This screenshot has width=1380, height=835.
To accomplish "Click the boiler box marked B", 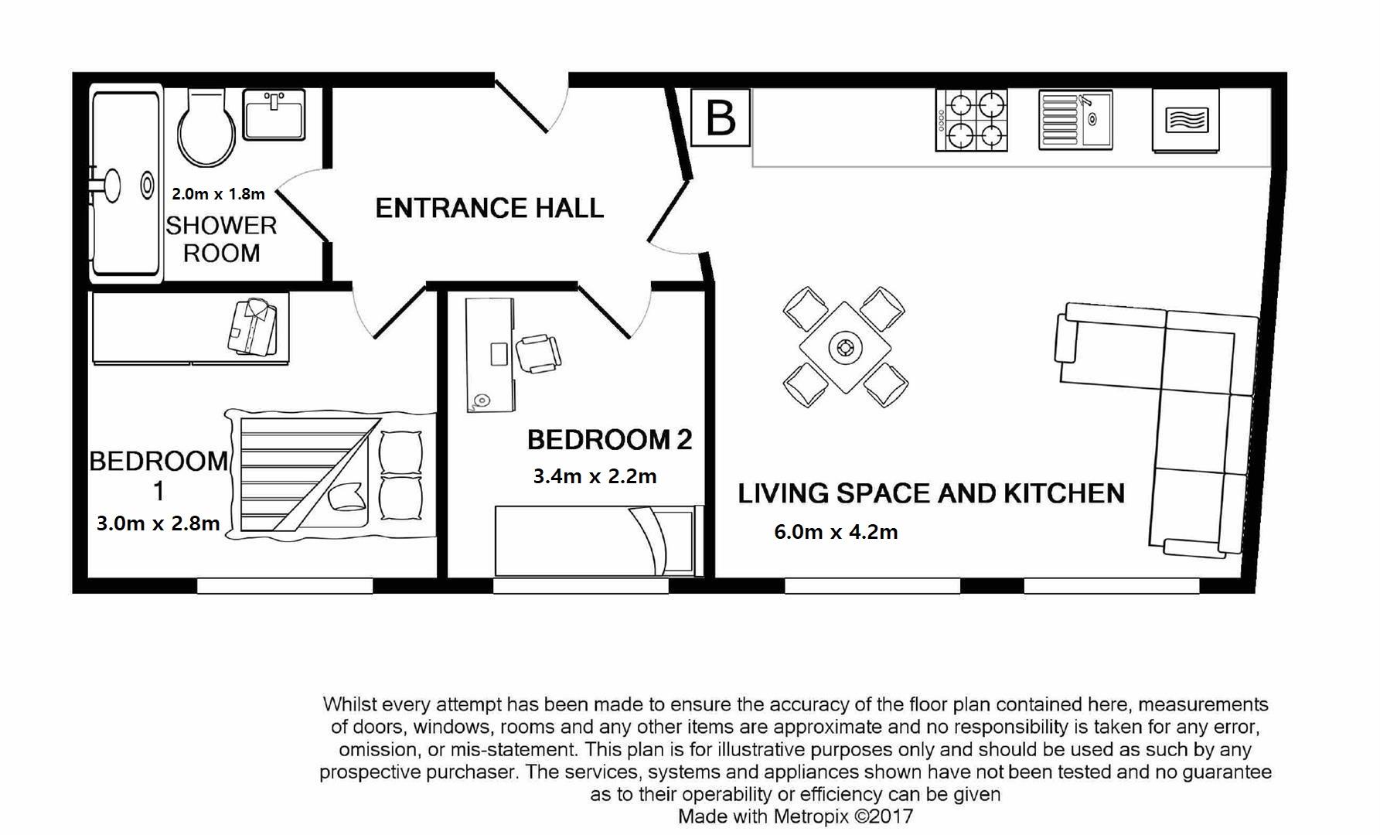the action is tap(720, 118).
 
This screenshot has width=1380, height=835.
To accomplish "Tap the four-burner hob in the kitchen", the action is tap(971, 120).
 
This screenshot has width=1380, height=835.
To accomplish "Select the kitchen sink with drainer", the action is tap(1075, 120).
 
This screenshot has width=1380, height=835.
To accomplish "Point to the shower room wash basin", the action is tap(274, 114).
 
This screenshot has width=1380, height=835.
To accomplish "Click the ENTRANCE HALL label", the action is tap(489, 208).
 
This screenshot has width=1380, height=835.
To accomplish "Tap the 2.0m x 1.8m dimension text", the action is tap(218, 193).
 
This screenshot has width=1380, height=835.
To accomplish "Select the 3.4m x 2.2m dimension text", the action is tap(595, 476).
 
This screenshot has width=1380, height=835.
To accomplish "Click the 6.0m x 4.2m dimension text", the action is tap(836, 532).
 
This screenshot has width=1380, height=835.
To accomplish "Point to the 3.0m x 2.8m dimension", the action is tap(158, 523).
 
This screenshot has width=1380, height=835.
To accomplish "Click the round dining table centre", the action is tap(844, 347).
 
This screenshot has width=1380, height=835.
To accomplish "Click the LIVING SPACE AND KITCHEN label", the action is tap(931, 493).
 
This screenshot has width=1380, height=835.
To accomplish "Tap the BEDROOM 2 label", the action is tap(609, 440).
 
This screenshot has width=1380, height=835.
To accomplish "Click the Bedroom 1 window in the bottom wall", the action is tap(285, 586).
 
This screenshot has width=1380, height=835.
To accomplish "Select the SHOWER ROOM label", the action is tap(221, 239).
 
